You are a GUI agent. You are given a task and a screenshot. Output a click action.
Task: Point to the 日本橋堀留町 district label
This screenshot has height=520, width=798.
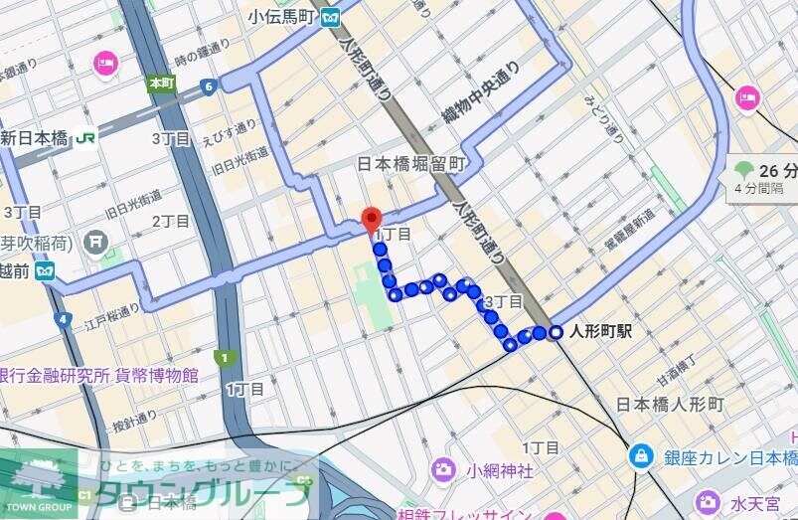[x=410, y=163]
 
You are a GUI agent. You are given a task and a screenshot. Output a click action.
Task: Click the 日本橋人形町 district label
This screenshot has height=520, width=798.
[x=670, y=405]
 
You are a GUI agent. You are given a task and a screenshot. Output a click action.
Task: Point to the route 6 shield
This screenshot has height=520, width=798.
[x=208, y=87]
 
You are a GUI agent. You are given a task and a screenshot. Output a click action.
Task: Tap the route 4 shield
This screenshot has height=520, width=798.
[x=64, y=319]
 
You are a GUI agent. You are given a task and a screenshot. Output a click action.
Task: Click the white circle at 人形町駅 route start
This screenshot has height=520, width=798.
[x=555, y=332]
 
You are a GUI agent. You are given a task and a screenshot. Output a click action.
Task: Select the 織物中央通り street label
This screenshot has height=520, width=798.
[x=482, y=98]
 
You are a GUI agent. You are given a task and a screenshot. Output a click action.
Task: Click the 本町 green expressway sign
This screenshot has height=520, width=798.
[x=161, y=84]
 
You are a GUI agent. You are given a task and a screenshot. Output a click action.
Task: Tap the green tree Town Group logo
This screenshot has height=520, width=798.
[x=38, y=477]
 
